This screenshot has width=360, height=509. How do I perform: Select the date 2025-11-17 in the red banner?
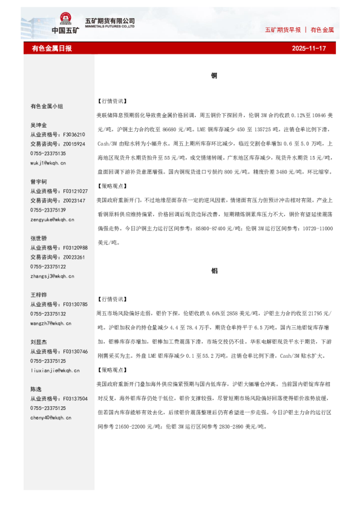pyautogui.click(x=309, y=48)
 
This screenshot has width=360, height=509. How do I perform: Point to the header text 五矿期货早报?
pyautogui.click(x=283, y=30)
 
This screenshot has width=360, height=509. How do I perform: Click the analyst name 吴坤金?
pyautogui.click(x=39, y=125)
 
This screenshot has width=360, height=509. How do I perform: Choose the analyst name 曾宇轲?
pyautogui.click(x=39, y=181)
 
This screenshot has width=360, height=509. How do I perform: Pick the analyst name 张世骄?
pyautogui.click(x=39, y=238)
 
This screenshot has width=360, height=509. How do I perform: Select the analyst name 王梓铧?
pyautogui.click(x=39, y=295)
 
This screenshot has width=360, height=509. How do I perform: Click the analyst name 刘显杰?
pyautogui.click(x=39, y=342)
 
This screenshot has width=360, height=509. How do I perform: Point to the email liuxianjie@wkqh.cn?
pyautogui.click(x=55, y=370)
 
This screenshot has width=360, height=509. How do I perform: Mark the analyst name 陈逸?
pyautogui.click(x=36, y=389)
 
